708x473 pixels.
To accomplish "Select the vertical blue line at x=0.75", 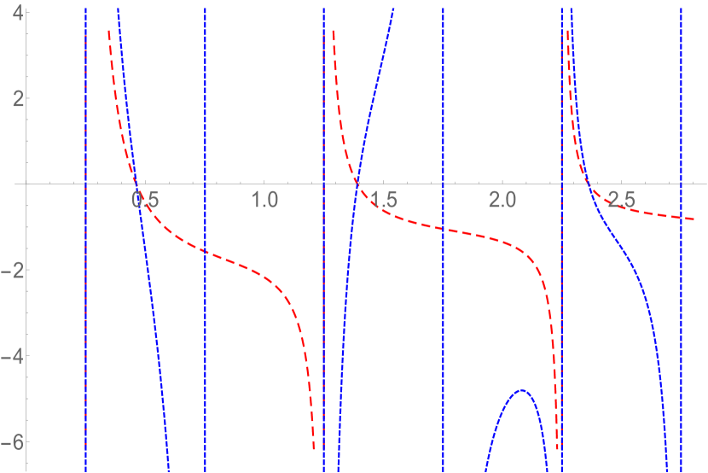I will click(x=205, y=256).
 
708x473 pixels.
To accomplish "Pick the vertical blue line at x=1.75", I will click(x=444, y=256).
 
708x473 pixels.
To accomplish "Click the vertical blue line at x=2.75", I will click(x=681, y=256).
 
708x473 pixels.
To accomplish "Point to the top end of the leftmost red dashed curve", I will click(x=108, y=32).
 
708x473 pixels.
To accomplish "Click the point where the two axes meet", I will click(x=26, y=184).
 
